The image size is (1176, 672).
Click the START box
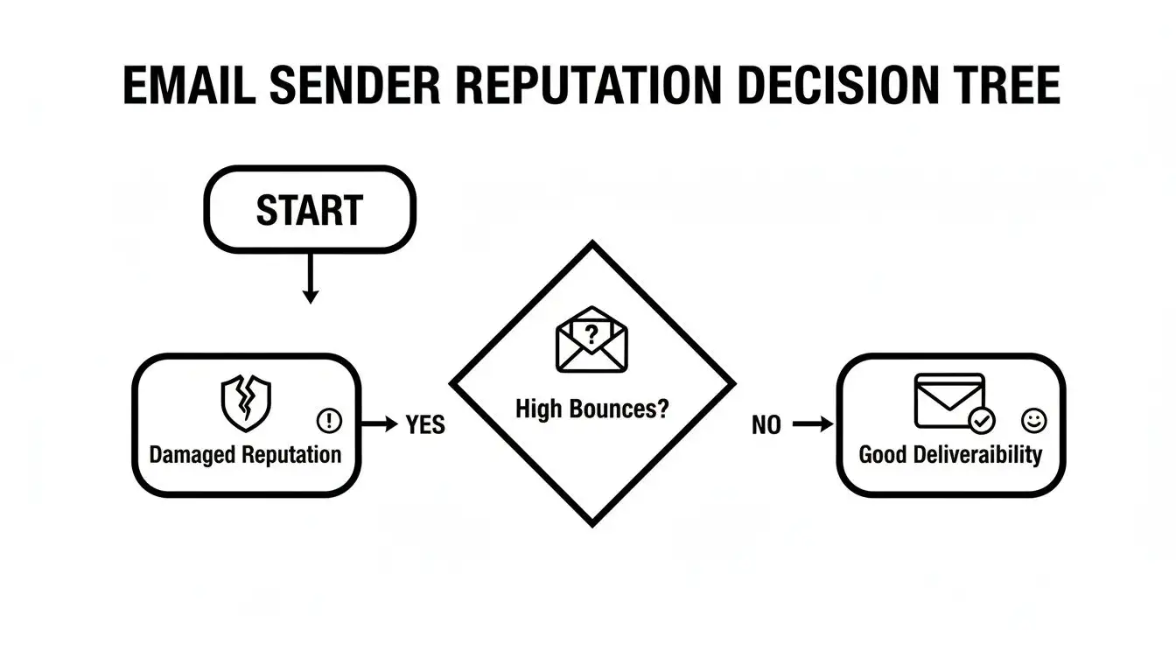point(309,210)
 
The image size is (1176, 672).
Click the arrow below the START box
point(309,281)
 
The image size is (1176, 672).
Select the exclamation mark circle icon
point(329,422)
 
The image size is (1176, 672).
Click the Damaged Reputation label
point(245,455)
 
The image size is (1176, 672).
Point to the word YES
point(426,425)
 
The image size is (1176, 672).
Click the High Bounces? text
point(591,409)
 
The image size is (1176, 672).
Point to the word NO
point(766,426)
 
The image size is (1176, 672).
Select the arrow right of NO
point(813,425)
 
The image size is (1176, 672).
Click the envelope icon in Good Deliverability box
point(949,400)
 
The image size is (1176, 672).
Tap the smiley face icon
point(1033,422)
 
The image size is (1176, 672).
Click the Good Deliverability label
point(950,455)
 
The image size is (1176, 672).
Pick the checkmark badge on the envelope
point(982,422)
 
